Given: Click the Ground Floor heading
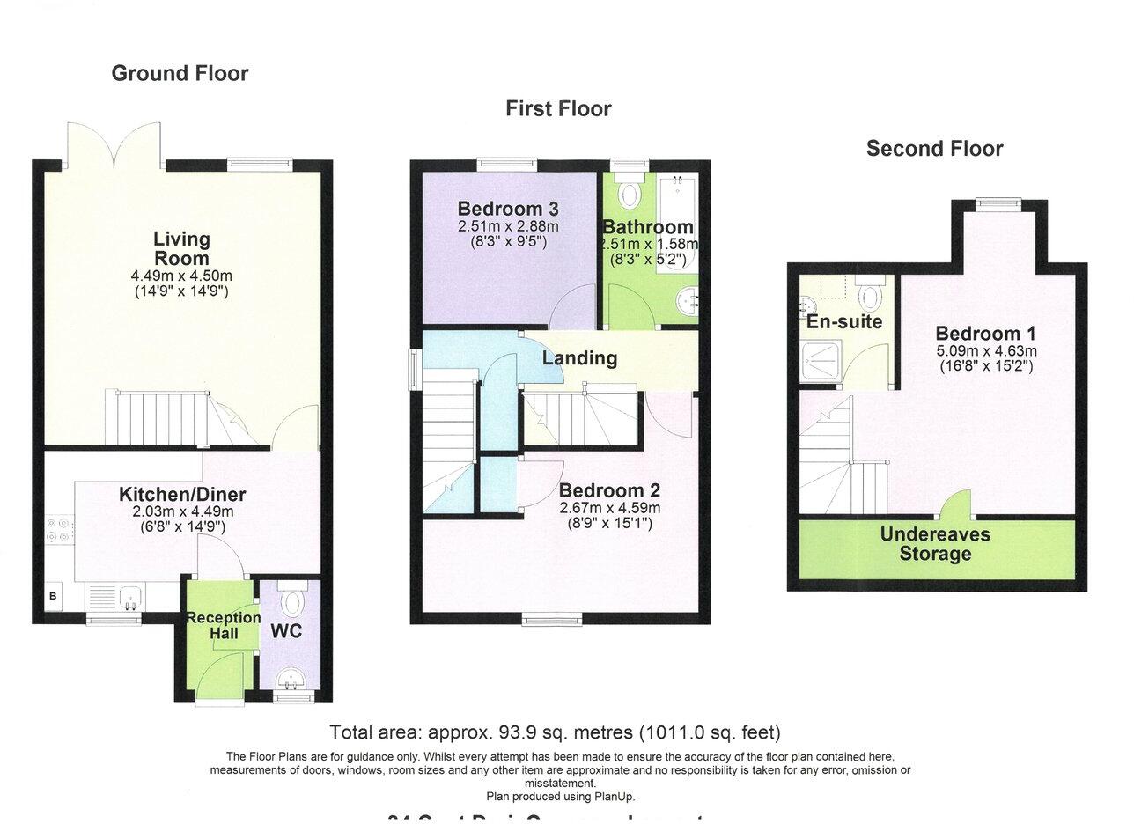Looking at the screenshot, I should (180, 74).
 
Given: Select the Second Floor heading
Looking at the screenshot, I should (934, 149).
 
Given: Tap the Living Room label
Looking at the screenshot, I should (181, 248).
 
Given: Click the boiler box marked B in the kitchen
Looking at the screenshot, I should (53, 597).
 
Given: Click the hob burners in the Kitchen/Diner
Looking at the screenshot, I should (59, 527).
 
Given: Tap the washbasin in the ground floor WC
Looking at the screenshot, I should (289, 680).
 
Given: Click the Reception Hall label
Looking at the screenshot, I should (223, 625).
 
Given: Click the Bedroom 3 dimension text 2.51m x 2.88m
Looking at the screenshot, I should (508, 226).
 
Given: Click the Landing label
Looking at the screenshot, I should (579, 358).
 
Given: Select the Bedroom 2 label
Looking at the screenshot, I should (609, 491).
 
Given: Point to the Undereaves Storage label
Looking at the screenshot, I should (935, 544).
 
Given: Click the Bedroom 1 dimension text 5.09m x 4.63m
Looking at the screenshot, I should (985, 350).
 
